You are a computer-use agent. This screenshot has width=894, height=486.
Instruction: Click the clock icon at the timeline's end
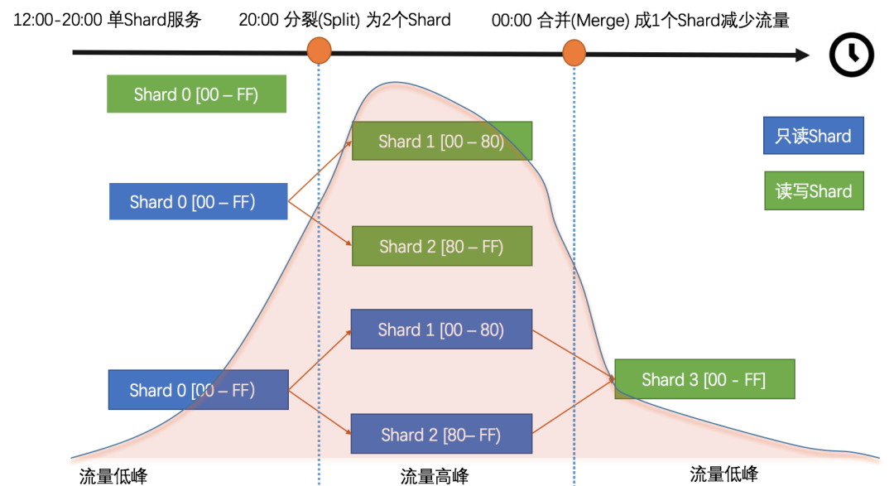pos(850,55)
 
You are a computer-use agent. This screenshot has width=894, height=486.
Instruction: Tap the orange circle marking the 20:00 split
pos(319,51)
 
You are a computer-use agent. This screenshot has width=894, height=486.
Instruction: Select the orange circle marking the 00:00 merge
pos(574,54)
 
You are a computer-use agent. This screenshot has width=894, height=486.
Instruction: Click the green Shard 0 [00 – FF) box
pos(196,94)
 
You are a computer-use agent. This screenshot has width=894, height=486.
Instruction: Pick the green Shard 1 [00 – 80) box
pos(441,142)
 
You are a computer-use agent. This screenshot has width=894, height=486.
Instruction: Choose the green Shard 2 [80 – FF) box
pos(441,247)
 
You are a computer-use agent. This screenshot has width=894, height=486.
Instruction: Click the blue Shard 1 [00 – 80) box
pos(441,330)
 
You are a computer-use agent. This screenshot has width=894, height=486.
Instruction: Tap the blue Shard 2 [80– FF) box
pos(441,435)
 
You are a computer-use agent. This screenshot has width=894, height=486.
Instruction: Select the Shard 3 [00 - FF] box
pos(704,380)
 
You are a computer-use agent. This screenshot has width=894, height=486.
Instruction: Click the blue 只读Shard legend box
pos(813,136)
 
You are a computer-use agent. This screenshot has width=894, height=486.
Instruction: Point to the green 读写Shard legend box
pos(813,191)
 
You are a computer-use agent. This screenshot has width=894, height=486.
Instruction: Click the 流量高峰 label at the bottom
pos(435,476)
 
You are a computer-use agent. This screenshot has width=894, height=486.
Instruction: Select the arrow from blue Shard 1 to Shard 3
pos(573,354)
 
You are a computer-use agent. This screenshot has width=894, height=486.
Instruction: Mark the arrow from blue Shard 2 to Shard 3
pos(573,407)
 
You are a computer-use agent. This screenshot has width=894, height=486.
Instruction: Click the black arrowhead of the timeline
pos(801,55)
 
